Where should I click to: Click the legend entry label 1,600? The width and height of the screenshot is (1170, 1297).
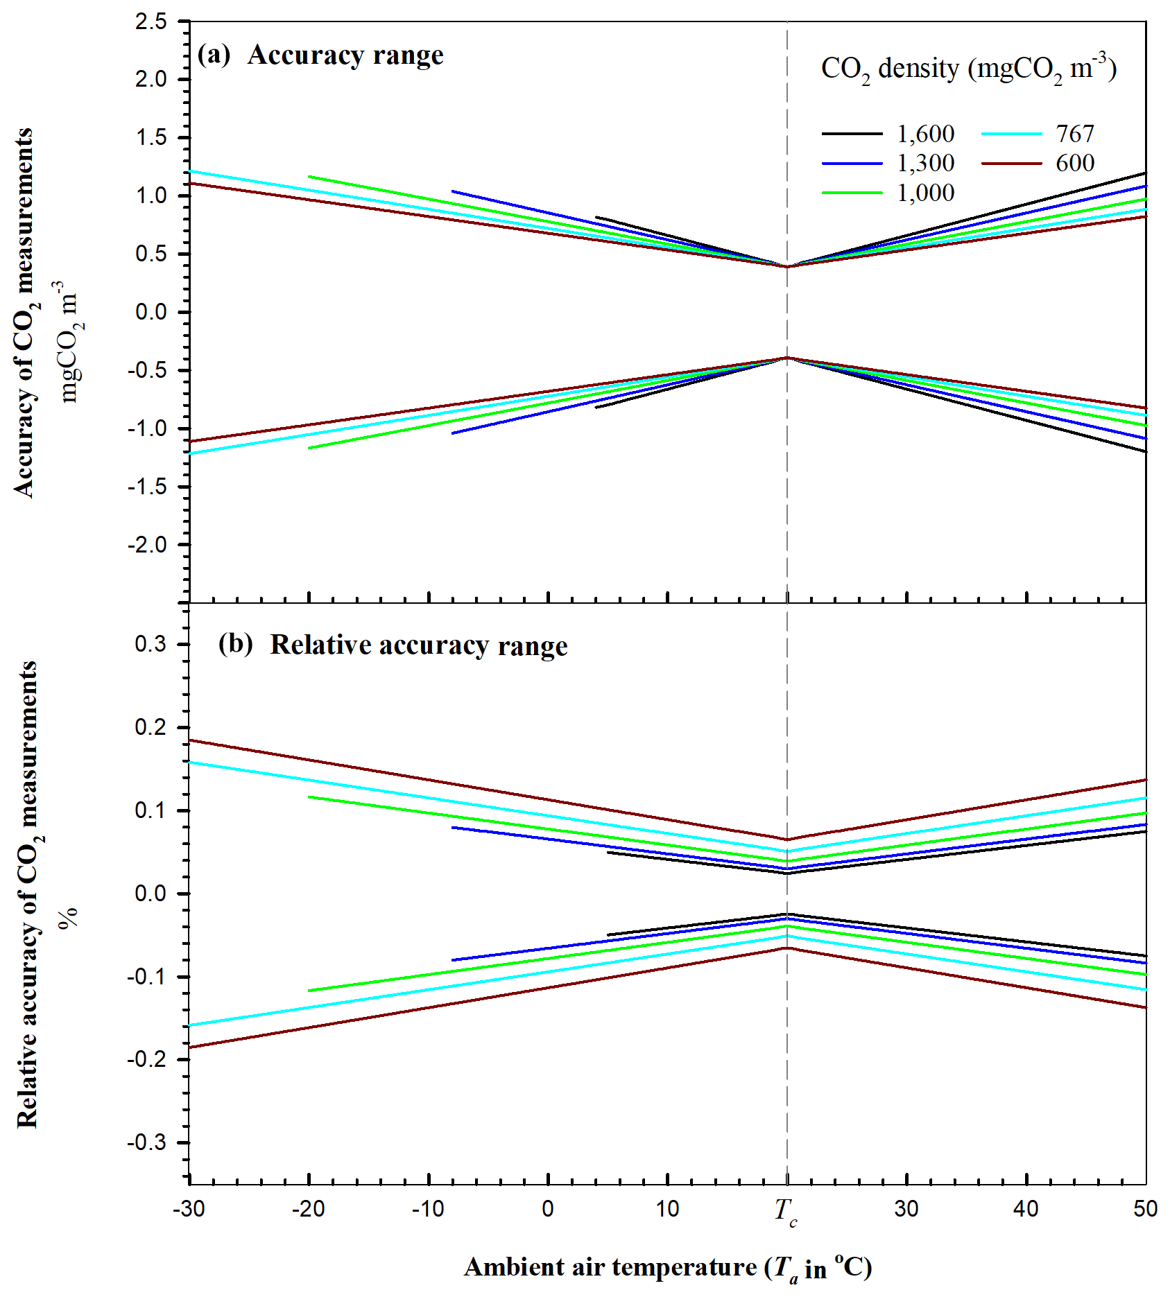click(925, 133)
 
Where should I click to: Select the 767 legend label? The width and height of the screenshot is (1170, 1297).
click(1074, 133)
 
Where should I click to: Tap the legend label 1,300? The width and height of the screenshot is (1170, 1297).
click(925, 163)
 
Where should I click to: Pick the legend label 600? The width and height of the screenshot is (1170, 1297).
click(1074, 163)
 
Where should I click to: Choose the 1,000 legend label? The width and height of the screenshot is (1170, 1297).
click(925, 193)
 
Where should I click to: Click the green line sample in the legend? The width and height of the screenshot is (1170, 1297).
click(852, 193)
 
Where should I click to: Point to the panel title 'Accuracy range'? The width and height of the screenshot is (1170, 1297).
click(345, 55)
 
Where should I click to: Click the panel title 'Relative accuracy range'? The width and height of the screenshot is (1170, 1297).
click(418, 645)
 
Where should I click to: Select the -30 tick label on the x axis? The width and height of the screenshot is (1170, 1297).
click(189, 1209)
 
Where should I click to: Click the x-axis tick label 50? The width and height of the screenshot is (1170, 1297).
click(1145, 1209)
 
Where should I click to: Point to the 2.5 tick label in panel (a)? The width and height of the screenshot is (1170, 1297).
click(151, 22)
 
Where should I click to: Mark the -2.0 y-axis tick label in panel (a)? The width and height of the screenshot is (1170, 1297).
click(147, 545)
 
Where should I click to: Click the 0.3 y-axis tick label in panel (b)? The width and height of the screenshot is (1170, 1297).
click(151, 644)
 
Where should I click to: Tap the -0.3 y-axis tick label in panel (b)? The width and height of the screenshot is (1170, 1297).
click(147, 1143)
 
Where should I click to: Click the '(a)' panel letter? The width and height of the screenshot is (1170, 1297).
click(214, 54)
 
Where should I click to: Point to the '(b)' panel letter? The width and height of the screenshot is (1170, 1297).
click(235, 644)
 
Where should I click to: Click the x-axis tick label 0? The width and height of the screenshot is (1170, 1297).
click(548, 1209)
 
